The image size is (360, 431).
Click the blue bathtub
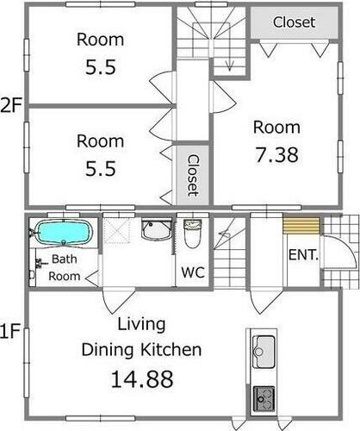pos(63,233)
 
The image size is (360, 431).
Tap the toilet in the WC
pos(192,234)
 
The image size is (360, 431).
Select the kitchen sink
pos(264,352)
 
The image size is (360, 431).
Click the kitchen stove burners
pos(264,399)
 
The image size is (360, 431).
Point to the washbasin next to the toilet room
pos(157,229)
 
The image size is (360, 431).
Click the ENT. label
pos(303,254)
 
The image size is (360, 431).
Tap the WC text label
pos(193,272)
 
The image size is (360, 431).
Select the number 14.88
pos(142,379)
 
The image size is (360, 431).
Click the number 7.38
pos(276,155)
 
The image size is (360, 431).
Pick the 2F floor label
pos(11,105)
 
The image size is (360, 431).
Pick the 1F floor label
pos(10,331)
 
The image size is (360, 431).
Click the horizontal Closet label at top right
pos(294,22)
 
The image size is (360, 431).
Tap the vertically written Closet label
pos(193,176)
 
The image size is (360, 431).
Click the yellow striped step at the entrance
pos(301,226)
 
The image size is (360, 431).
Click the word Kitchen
pos(171,350)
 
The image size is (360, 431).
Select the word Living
pos(141,325)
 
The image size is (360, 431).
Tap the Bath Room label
pos(65,267)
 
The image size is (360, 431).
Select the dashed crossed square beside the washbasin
pos(117,231)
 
